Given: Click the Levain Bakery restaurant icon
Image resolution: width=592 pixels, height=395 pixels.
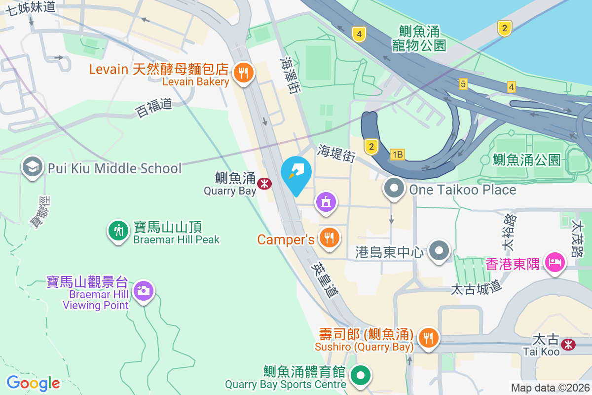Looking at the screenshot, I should coord(244,73).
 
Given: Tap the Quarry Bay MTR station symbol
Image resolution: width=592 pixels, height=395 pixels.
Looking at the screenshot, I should coord(264,184).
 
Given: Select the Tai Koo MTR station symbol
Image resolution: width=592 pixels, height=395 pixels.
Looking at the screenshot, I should coord(569,344).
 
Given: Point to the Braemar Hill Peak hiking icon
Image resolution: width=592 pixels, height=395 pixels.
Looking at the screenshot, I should coord(118,230).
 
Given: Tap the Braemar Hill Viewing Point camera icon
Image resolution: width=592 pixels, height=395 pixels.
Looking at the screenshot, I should coord(144,290).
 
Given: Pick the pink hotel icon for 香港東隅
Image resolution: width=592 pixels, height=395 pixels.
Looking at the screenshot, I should coord(555,262).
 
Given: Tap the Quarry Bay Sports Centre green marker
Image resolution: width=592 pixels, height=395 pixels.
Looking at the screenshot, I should coord(361,375).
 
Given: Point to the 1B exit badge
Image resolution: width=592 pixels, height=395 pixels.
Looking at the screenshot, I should coord(397,155).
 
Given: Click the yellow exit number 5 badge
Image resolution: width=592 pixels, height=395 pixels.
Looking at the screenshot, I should coord(462,84).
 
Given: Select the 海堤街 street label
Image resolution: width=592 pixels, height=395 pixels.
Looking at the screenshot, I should coord(336,154).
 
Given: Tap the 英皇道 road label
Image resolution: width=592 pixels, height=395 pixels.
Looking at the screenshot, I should coord(325,279).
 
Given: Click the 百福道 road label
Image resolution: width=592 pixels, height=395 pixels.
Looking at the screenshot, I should coord(154,108).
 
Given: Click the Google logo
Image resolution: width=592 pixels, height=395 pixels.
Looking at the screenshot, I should coord(33,383).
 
